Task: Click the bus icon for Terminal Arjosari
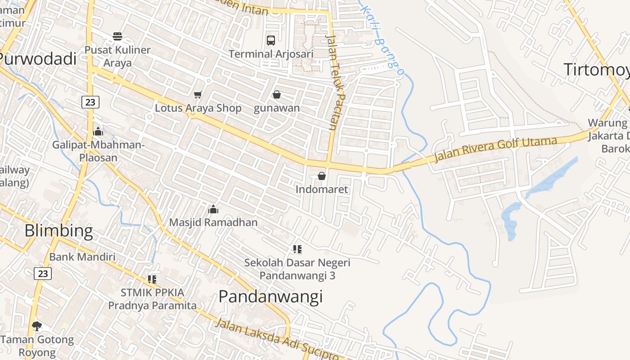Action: pos(271,40)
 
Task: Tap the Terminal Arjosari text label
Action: pos(271,54)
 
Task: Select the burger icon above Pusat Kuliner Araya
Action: pos(117,36)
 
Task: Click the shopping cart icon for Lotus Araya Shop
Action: pos(198,94)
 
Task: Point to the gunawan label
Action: pos(277,108)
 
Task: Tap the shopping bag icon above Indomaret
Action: pos(322,176)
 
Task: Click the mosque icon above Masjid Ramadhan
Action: pos(213,209)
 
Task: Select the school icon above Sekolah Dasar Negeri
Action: pos(297,249)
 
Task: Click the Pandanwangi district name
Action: pos(270,297)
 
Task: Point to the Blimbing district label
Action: pos(58,231)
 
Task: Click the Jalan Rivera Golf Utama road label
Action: pos(496,149)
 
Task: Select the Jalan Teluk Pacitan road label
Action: pos(333,83)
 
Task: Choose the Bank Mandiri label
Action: pos(82,257)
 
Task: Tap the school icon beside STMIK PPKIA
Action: pos(152,279)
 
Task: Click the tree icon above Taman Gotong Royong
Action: pos(37,326)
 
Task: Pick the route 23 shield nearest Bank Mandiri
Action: pos(43,274)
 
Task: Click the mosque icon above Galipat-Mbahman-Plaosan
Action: pos(98,131)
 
